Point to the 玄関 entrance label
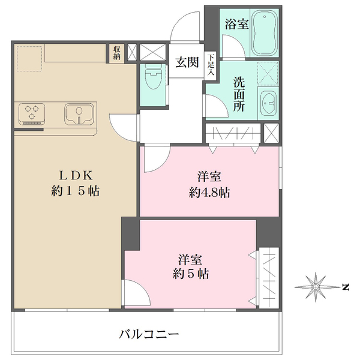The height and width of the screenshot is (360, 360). [187, 62]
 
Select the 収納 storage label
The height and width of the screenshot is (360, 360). [116, 53]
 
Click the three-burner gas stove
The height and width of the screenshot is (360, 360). [33, 113]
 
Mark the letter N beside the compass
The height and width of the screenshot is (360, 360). [345, 287]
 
